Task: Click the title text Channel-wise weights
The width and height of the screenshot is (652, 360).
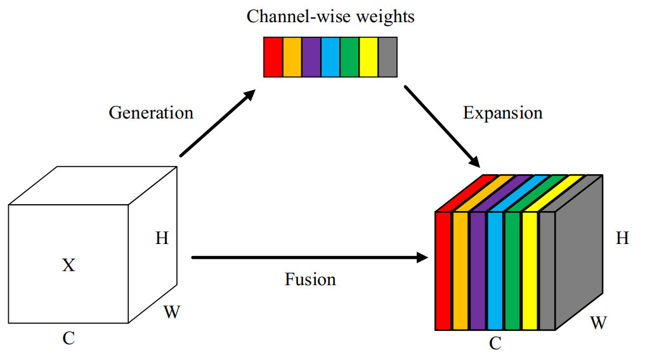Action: (x=330, y=16)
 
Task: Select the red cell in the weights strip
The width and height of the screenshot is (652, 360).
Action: (x=273, y=57)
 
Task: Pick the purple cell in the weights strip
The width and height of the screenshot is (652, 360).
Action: (x=311, y=57)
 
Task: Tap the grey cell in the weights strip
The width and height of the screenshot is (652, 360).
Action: (x=388, y=57)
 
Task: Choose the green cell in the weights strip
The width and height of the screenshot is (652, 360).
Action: (x=349, y=57)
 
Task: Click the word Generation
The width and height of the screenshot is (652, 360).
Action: (x=151, y=113)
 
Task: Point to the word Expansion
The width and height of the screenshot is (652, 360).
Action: (x=503, y=113)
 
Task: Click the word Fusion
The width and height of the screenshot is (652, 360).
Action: (x=310, y=279)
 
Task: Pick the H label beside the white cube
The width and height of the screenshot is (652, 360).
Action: (x=162, y=239)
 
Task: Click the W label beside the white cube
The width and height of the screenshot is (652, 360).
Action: (x=171, y=311)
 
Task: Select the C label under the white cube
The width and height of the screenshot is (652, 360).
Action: (x=68, y=338)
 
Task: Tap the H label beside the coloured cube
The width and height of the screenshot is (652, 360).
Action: (x=623, y=239)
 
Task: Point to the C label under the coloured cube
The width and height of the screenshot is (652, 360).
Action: (x=495, y=344)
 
